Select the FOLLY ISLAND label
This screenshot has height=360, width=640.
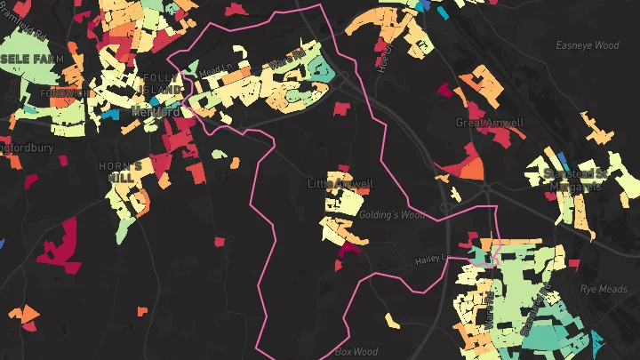161,84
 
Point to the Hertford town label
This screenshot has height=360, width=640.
156,113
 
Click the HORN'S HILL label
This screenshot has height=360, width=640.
120,172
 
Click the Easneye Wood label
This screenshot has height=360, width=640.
587,44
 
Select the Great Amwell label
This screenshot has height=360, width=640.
490,122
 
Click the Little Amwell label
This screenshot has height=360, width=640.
340,184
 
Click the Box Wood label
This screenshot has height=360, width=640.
356,352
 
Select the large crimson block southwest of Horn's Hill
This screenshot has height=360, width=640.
58,244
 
